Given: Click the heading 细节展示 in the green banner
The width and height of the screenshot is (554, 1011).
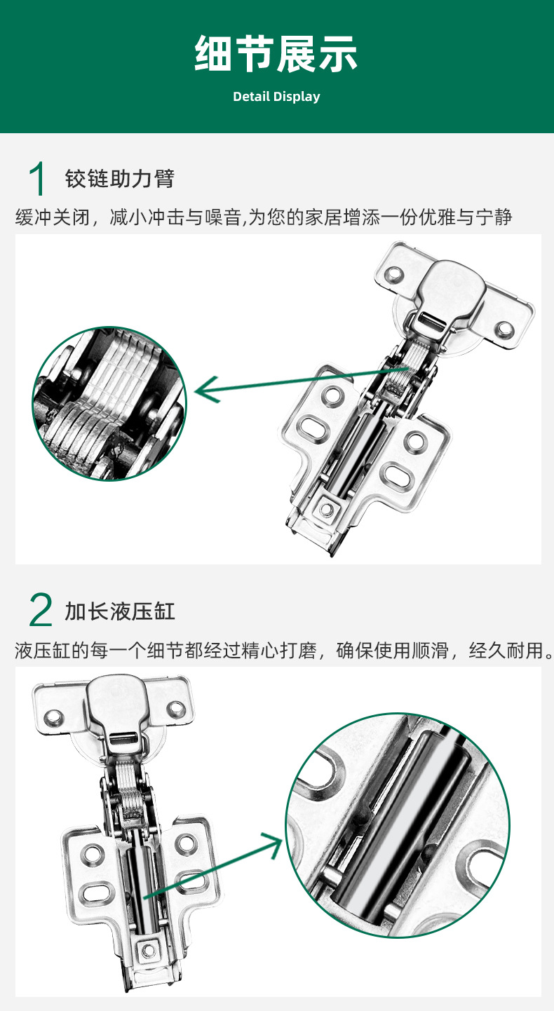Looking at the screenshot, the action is click(x=276, y=54).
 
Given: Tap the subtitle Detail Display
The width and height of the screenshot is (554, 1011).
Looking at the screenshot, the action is click(x=276, y=97).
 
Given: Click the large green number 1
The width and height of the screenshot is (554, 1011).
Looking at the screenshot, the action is click(x=37, y=179).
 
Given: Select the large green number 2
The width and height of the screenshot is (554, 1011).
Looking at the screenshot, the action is click(x=41, y=610).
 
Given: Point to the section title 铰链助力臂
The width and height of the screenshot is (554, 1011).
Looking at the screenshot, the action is click(x=120, y=179).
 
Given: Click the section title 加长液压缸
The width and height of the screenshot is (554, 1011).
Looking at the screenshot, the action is click(x=120, y=611).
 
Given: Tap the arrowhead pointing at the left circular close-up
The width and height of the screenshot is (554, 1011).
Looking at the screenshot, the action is click(x=206, y=389).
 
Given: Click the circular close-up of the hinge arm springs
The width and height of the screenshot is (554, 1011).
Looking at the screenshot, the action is click(x=109, y=404).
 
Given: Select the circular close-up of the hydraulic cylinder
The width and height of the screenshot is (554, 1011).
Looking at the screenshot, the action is click(x=398, y=825).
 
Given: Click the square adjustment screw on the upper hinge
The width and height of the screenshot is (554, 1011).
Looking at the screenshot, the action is click(x=326, y=508).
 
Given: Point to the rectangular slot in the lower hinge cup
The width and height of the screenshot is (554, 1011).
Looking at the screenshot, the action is click(x=124, y=739).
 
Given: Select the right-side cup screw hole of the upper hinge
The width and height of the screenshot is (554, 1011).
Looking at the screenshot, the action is click(x=504, y=329).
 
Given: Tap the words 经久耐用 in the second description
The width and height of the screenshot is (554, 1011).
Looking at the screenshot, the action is click(x=506, y=651).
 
